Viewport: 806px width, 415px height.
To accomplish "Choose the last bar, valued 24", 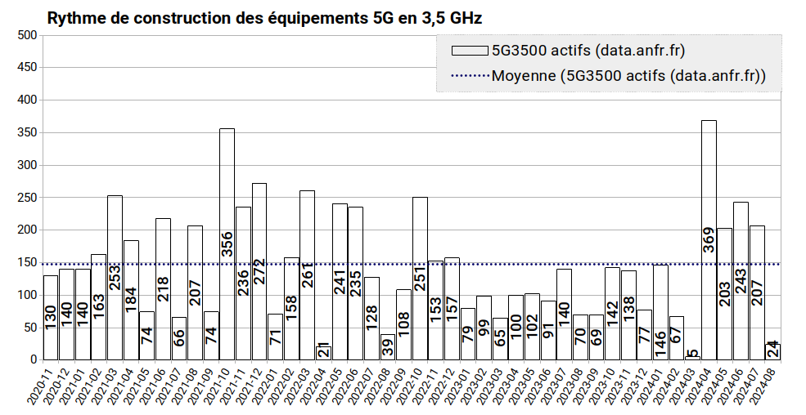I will pyautogui.click(x=772, y=352).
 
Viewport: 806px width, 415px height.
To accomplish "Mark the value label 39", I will pyautogui.click(x=388, y=346).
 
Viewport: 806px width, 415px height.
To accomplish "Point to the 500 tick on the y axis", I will pyautogui.click(x=26, y=35).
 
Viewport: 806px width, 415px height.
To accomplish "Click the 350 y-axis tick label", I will pyautogui.click(x=26, y=132).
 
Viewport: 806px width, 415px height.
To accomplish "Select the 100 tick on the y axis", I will pyautogui.click(x=26, y=295).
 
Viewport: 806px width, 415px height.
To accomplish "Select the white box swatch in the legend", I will pyautogui.click(x=470, y=51).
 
